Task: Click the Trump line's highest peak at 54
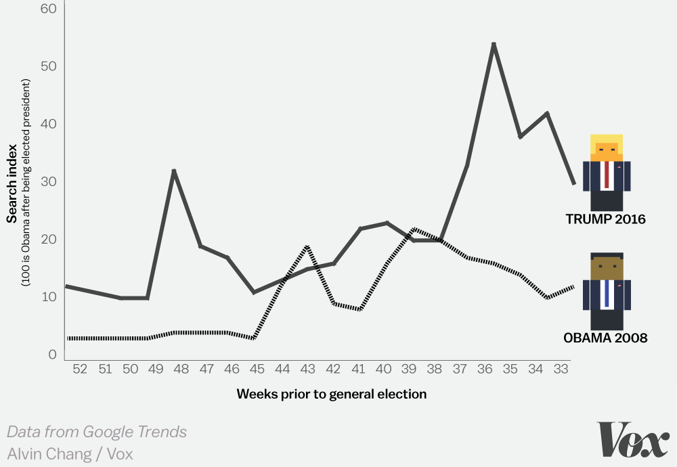(494, 45)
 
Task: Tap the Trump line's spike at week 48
(174, 171)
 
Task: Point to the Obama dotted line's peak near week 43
(307, 247)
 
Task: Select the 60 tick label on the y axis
(47, 9)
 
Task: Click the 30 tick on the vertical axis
(47, 181)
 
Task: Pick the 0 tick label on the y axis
(51, 354)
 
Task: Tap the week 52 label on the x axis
(80, 369)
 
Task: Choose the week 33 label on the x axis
(561, 369)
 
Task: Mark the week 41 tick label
(358, 369)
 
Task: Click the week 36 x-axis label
(485, 369)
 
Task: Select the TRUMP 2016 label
(606, 219)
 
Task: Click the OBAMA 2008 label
(605, 337)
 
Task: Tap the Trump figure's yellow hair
(607, 139)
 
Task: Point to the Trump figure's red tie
(607, 175)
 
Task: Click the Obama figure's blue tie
(607, 292)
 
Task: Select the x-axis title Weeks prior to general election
(332, 394)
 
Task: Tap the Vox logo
(632, 440)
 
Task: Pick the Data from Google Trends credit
(97, 432)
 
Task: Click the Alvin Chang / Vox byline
(70, 453)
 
